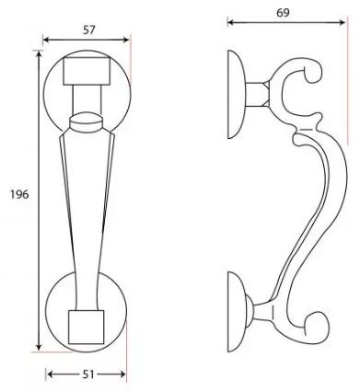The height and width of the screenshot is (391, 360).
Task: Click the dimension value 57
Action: (89, 30)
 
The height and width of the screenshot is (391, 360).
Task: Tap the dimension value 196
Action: (19, 194)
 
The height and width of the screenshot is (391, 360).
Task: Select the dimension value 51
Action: (88, 374)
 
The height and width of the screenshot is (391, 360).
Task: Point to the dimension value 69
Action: (283, 13)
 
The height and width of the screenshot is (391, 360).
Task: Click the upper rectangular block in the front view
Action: (87, 71)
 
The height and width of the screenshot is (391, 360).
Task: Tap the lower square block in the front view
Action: (87, 327)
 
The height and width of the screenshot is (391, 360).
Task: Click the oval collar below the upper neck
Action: (86, 121)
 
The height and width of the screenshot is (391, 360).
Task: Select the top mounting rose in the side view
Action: (236, 94)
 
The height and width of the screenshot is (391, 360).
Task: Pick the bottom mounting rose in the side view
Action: (236, 312)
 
